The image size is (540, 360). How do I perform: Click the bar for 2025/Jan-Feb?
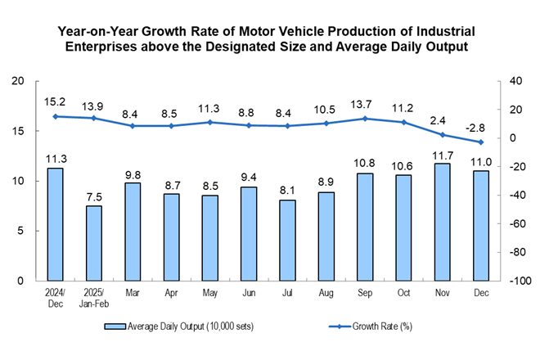[94, 243]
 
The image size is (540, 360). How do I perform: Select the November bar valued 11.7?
[443, 222]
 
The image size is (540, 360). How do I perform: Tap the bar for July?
[287, 240]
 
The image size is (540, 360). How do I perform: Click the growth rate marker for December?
[481, 142]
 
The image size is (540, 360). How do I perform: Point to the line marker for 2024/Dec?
[56, 116]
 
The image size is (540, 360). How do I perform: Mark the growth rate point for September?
[365, 119]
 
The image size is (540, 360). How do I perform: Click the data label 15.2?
[56, 102]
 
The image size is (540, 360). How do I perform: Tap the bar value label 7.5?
[94, 196]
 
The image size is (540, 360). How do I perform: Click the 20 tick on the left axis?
[18, 81]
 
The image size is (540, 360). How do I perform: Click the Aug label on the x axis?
[326, 292]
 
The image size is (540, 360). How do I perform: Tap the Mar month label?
[133, 292]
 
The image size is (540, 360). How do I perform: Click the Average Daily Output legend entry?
[179, 326]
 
